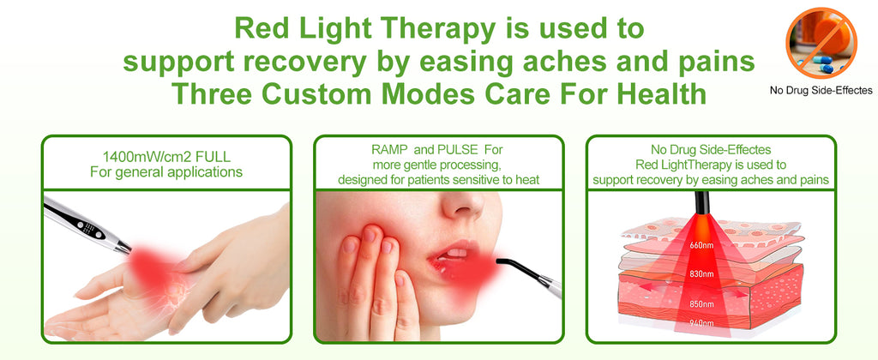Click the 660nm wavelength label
click(x=701, y=244)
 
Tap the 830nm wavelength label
click(x=701, y=273)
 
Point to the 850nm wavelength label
click(x=701, y=304)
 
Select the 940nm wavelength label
click(x=701, y=323)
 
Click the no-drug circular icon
click(x=821, y=43)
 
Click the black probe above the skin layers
click(x=701, y=202)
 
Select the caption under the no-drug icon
click(x=821, y=90)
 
